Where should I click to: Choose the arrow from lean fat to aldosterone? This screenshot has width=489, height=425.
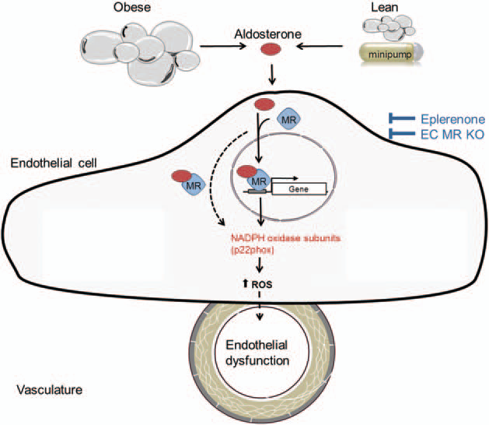coord(315,47)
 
